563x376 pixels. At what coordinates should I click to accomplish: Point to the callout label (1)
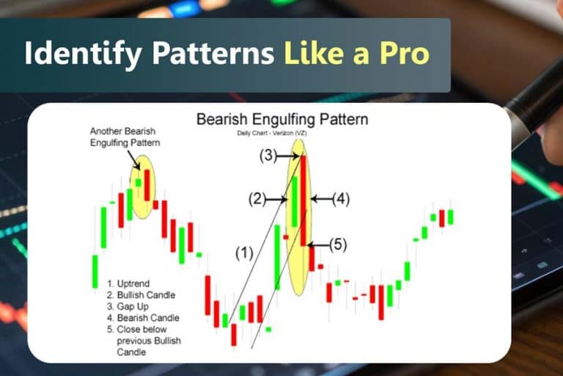pyautogui.click(x=244, y=253)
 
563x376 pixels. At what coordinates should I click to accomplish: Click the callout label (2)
pyautogui.click(x=259, y=199)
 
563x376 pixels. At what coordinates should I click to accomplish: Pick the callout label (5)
pyautogui.click(x=336, y=245)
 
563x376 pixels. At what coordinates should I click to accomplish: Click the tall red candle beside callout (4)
pyautogui.click(x=303, y=200)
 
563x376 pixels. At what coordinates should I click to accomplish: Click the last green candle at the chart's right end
pyautogui.click(x=450, y=217)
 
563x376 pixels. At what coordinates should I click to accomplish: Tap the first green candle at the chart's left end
pyautogui.click(x=95, y=271)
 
